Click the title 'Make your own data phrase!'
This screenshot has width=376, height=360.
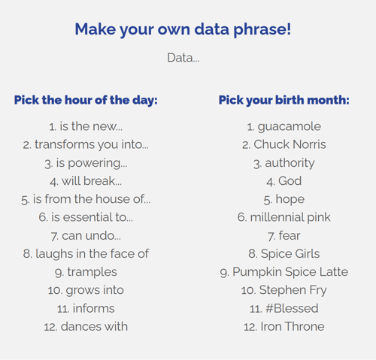183,29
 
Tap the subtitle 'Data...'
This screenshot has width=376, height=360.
183,57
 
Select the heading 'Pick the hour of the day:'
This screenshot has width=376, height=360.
86,100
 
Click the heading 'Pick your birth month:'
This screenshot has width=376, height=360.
284,100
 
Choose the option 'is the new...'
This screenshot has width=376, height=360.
86,127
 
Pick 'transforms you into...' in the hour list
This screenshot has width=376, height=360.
86,145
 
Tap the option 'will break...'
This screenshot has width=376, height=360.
86,181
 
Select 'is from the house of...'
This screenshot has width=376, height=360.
86,199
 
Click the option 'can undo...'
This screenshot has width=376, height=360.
86,235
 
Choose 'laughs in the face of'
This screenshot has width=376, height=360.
86,254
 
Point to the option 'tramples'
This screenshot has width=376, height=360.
86,272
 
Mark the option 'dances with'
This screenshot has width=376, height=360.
86,326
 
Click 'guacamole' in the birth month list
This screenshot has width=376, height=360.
284,127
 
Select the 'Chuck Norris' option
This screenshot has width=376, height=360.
284,145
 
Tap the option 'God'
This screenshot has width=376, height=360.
284,181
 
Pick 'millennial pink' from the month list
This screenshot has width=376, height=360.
284,217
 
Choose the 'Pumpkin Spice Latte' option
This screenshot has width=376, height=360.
284,272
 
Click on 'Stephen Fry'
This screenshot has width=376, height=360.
284,290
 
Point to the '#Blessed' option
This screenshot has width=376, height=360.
284,308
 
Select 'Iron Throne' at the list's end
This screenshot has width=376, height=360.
284,326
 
